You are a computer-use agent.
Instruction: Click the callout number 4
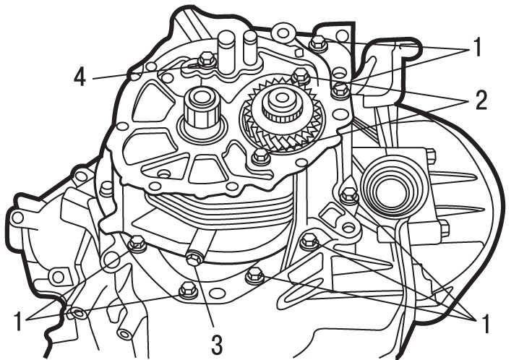tap(80, 77)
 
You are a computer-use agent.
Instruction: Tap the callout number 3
tap(217, 344)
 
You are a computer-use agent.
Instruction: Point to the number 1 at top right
tap(477, 47)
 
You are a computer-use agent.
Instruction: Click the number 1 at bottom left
tap(19, 321)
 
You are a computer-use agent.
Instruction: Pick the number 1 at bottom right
tap(484, 324)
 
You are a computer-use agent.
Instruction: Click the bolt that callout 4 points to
tap(207, 60)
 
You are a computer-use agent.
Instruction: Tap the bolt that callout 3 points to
tap(194, 258)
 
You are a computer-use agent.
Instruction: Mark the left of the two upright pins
tap(226, 51)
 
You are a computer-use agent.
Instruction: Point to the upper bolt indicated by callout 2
tap(301, 75)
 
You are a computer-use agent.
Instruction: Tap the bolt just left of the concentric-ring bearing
tap(350, 194)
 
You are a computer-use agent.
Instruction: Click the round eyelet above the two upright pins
tap(283, 33)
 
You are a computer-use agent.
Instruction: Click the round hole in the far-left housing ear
tap(17, 218)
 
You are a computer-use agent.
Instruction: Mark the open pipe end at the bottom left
tap(124, 334)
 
